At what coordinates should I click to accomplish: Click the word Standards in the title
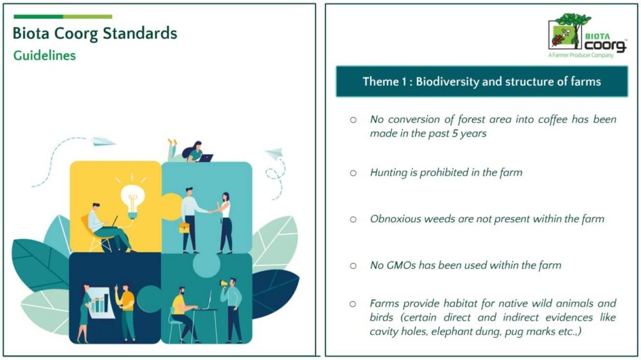coord(140,33)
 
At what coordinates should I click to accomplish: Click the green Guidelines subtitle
coord(44,55)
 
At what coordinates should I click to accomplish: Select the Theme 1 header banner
coord(481,81)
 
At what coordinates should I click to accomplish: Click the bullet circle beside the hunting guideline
coord(353,173)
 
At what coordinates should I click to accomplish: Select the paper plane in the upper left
coord(103,141)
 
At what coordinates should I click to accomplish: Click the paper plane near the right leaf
coord(275,154)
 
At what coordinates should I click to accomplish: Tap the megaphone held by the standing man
coord(223,283)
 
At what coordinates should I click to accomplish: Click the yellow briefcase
coord(185,227)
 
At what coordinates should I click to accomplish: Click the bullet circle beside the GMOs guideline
coord(353,266)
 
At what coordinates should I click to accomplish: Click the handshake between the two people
coord(212,211)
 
